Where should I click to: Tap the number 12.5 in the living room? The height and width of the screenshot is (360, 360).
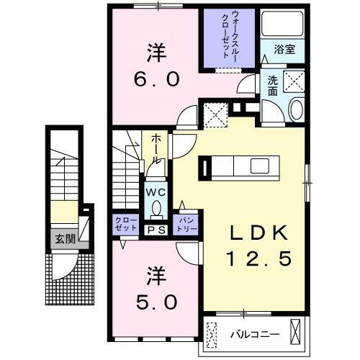(259, 258)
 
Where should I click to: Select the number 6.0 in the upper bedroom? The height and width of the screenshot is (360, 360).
(154, 79)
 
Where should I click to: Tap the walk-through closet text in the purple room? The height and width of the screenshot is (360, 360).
(233, 40)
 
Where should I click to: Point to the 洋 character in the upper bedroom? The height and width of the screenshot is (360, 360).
(154, 52)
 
